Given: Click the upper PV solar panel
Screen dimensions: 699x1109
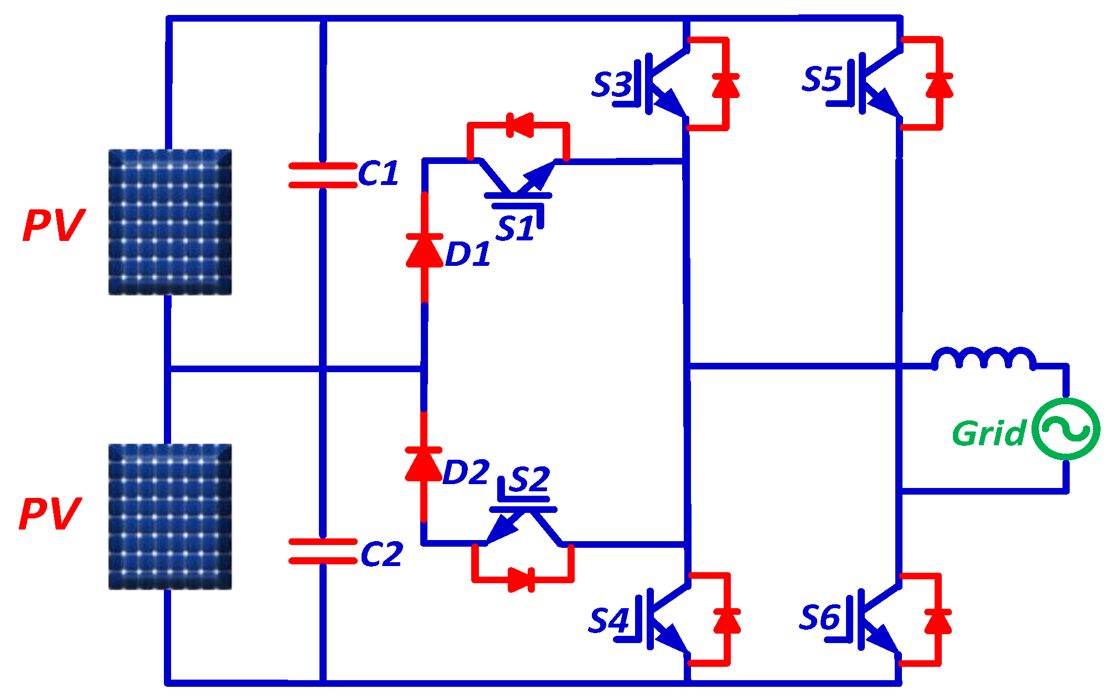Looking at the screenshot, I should pos(169,222).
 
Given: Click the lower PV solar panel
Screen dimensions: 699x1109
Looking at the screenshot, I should pos(169,516).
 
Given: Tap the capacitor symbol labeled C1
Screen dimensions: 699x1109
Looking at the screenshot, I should pos(323,175).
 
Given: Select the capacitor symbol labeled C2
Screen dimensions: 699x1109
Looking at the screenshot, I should pos(323,551).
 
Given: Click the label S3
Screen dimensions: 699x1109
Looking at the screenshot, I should pos(611,85).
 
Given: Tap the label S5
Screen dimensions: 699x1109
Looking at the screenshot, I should pos(822,79).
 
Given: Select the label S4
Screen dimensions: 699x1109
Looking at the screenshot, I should pos(608,620).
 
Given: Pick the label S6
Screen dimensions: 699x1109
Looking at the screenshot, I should pos(820,617).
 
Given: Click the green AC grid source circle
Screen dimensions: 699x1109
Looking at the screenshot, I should pos(1066,429).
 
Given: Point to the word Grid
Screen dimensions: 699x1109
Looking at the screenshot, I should pos(989,433).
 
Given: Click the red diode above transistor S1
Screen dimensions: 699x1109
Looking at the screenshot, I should pos(519,125).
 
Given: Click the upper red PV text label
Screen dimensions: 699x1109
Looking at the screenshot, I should pos(54,225).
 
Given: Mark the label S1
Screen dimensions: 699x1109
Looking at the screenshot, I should pos(515,228).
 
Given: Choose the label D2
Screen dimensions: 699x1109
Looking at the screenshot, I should pos(466,472).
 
